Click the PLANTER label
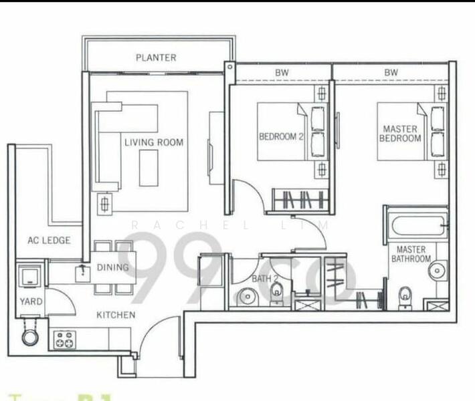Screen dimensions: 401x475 [156, 57]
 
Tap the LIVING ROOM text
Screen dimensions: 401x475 [153, 142]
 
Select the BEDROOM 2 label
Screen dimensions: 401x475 [281, 137]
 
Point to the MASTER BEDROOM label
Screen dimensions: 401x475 [400, 133]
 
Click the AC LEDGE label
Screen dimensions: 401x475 [49, 241]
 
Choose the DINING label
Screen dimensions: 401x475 [112, 267]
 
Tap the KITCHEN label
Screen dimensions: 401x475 [116, 314]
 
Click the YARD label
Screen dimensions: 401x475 [31, 301]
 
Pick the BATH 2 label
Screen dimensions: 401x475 [261, 279]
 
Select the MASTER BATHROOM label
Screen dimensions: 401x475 [410, 254]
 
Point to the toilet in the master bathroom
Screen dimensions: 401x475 [405, 294]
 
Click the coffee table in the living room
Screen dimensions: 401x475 [149, 168]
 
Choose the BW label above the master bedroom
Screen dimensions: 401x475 [391, 72]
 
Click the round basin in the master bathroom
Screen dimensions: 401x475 [437, 270]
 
